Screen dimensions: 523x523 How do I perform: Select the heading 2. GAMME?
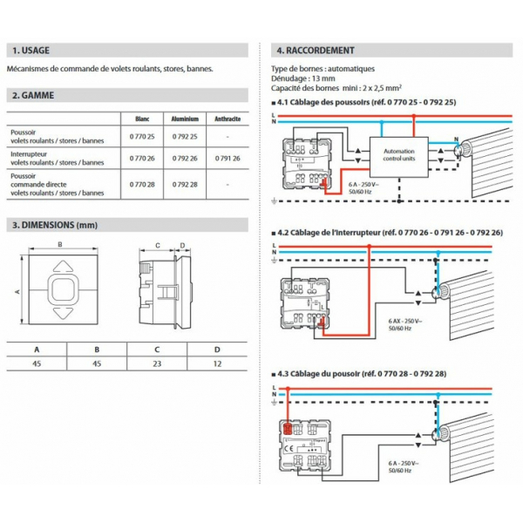coord(33,96)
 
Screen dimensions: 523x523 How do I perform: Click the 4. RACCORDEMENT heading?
coord(314,51)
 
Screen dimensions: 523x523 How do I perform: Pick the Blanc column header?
coord(142,119)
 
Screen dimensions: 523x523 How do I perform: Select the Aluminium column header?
coord(186,119)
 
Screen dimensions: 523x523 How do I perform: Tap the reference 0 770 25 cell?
coord(142,136)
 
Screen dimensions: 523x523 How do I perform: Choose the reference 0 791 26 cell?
coord(227,159)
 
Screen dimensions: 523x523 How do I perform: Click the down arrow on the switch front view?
coord(61,311)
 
